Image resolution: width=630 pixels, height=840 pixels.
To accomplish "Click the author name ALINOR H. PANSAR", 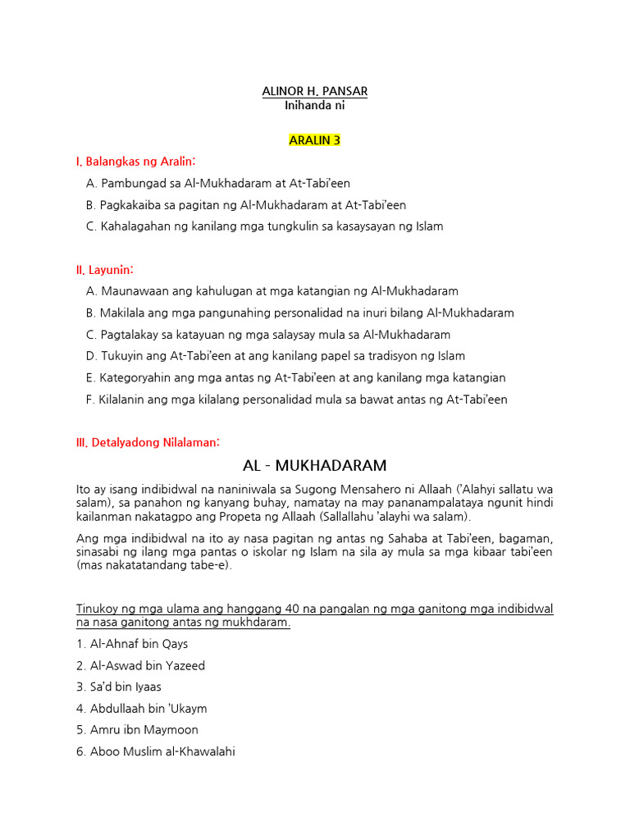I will point(314,90).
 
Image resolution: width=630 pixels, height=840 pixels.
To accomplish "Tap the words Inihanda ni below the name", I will point(314,105).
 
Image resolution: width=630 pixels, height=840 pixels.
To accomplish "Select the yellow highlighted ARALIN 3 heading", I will point(314,140).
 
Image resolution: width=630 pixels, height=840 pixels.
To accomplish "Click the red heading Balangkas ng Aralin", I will point(136,162).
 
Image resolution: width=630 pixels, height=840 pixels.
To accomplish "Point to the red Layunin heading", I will point(104,269).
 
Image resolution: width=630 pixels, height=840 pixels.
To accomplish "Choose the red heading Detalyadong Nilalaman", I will point(148,442).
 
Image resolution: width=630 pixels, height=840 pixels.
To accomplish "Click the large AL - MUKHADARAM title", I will point(315,466).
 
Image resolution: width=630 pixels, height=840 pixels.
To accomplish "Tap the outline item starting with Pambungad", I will point(217,184).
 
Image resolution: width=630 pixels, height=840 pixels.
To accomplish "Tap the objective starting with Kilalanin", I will point(296,399).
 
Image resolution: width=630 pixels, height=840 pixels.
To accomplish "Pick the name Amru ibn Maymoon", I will point(137,729).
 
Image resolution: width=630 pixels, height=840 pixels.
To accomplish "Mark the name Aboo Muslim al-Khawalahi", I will point(156,751).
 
